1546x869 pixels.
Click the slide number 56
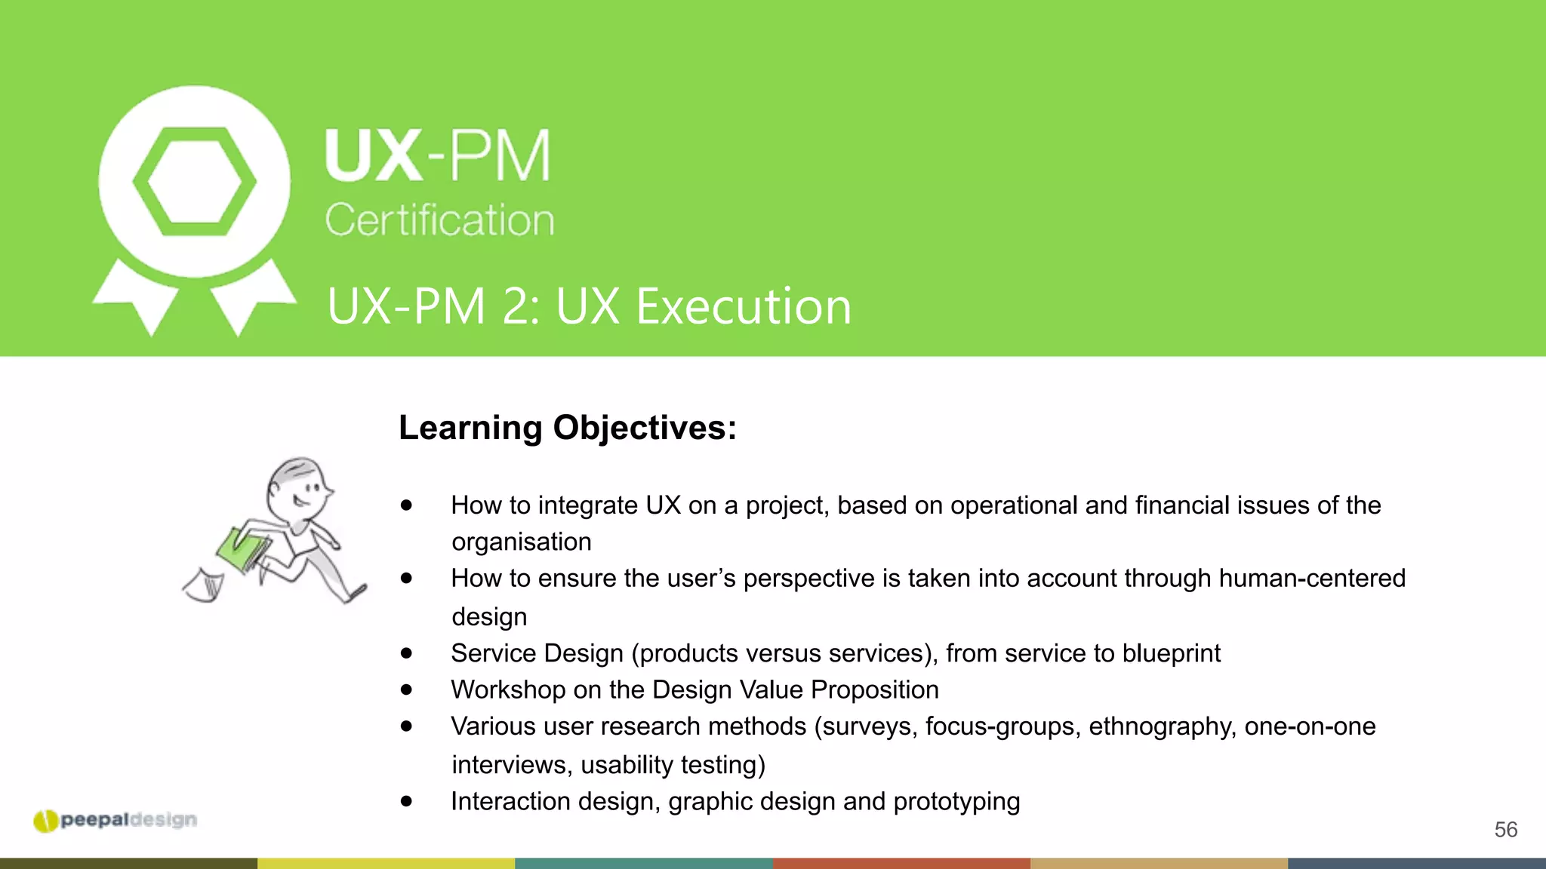pos(1505,830)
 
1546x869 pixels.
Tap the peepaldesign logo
pos(115,820)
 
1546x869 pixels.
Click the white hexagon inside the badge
pos(195,182)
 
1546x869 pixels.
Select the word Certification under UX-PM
pos(439,220)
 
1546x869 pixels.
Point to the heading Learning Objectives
pos(567,428)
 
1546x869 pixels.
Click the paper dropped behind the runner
pos(204,585)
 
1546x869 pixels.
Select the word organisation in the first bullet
pos(521,542)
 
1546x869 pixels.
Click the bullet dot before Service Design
pos(407,653)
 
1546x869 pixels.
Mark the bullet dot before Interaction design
pos(407,801)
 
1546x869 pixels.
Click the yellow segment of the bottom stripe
pos(386,863)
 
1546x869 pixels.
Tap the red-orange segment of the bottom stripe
pos(901,863)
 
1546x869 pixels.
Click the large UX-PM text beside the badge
pos(438,156)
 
